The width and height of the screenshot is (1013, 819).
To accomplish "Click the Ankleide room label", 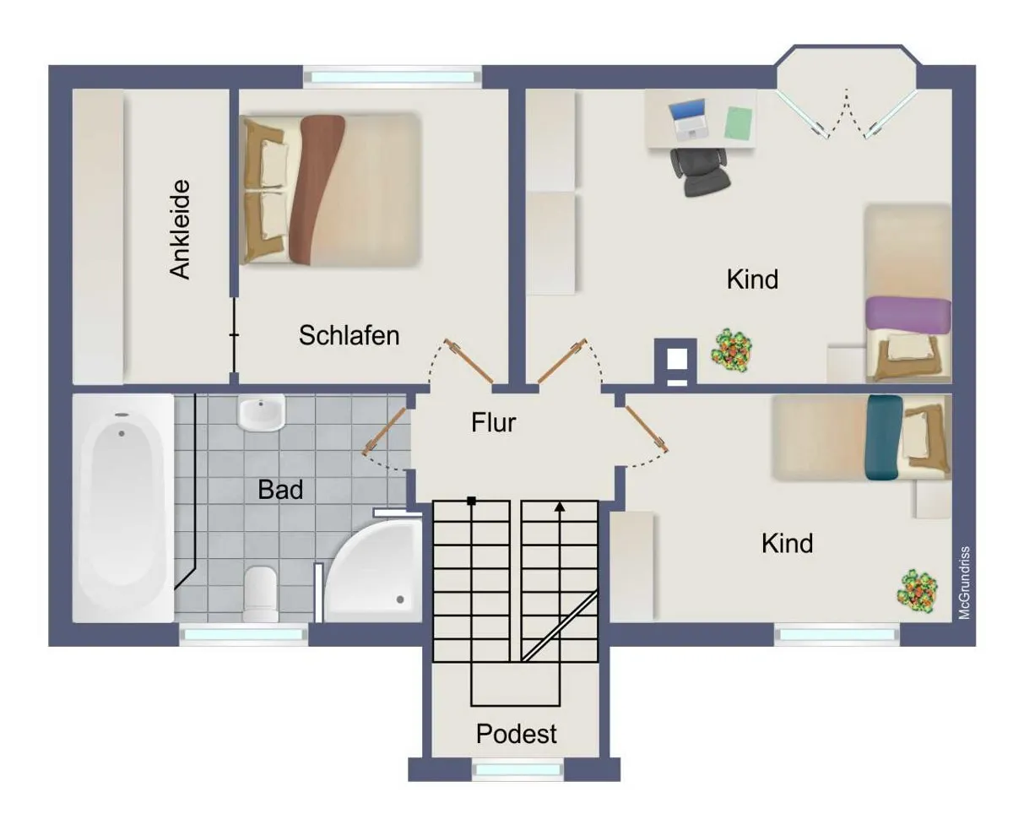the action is point(180,229).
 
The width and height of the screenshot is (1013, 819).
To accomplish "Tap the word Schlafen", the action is point(349,335).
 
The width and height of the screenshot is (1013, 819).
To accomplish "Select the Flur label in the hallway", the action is point(493,422).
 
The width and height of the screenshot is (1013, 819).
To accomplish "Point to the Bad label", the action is point(280,490).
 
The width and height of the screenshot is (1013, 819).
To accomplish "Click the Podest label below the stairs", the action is point(516,734).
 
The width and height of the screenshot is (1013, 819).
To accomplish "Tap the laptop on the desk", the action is point(688,119).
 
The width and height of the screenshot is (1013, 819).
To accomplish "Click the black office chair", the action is point(700,171).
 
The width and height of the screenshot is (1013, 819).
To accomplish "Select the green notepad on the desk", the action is point(738,123).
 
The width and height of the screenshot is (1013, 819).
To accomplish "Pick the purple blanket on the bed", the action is point(907,315).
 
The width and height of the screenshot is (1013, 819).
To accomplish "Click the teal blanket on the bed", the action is point(883,437).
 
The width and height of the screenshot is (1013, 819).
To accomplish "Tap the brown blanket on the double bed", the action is point(316,189).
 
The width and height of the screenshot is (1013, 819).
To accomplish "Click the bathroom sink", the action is point(261,412).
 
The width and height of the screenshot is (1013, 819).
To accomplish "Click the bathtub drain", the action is point(122,433).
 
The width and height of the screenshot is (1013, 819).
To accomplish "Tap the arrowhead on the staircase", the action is point(560,507).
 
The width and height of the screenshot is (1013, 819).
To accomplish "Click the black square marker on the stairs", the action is point(471,501).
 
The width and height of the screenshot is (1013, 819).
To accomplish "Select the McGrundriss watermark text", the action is point(964,583).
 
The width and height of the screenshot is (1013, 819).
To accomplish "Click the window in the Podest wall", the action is point(517,770).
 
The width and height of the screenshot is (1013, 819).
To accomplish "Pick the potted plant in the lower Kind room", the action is point(917,591).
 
